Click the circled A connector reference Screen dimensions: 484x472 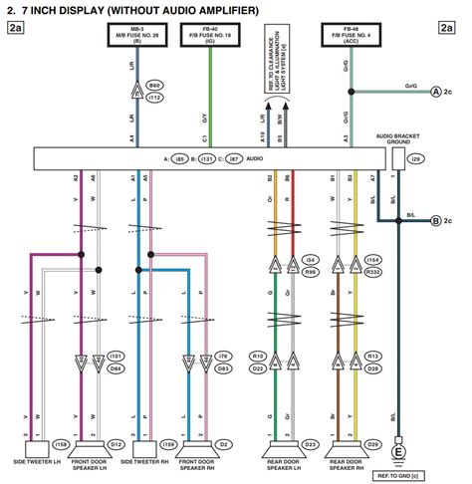[x=435, y=92]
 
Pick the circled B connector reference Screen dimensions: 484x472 [x=435, y=220]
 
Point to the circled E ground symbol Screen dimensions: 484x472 [x=401, y=452]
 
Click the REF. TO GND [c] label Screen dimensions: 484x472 [x=400, y=475]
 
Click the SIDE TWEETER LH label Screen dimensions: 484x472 [x=35, y=462]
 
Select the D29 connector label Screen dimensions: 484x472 [x=373, y=444]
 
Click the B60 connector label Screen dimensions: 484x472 [x=155, y=88]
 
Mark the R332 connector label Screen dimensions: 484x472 [x=374, y=270]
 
